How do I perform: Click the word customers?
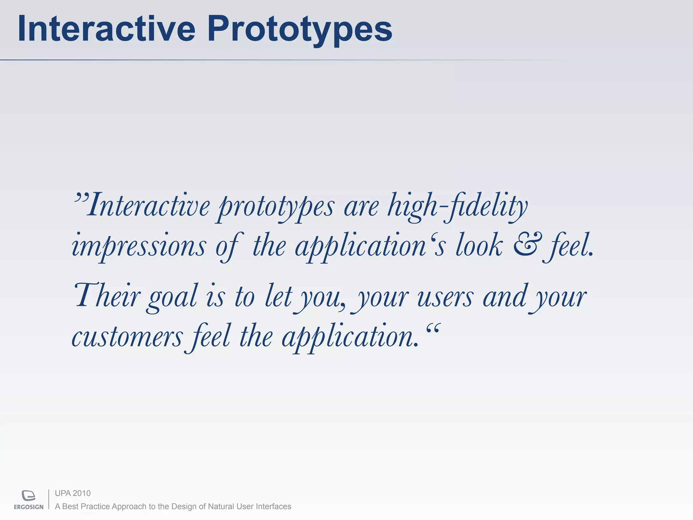(x=127, y=337)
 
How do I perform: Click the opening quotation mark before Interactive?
(x=81, y=197)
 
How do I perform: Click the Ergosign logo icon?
(x=28, y=495)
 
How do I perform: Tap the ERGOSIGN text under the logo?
(x=29, y=507)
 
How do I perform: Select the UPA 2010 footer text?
(x=73, y=493)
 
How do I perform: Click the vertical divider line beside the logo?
(x=49, y=499)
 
